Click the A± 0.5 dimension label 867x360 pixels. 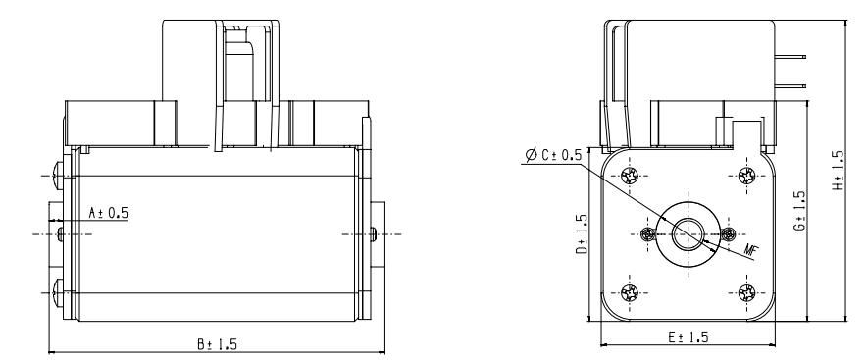(x=108, y=212)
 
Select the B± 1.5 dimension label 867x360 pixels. (x=218, y=344)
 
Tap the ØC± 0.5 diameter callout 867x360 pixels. (x=553, y=155)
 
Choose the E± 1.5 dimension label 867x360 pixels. (x=688, y=336)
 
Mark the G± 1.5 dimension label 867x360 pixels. (x=799, y=211)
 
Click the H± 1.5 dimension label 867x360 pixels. (x=839, y=171)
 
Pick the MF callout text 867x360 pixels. (x=749, y=249)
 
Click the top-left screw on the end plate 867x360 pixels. (x=630, y=176)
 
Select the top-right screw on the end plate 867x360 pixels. (x=746, y=176)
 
